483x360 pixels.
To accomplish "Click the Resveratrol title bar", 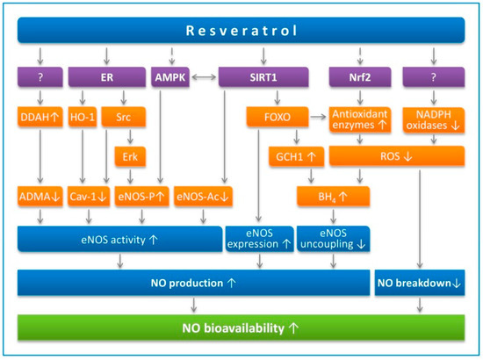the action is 241,30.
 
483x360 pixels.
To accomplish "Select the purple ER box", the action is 106,77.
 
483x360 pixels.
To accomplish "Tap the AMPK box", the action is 170,77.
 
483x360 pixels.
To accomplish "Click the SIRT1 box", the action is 263,77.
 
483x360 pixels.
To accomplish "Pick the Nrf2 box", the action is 360,77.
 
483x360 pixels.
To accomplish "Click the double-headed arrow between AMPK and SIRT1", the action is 204,77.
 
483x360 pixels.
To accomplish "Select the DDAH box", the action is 40,117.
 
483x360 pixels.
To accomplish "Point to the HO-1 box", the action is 83,117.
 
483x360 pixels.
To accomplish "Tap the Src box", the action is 124,117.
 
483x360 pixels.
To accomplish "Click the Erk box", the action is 130,156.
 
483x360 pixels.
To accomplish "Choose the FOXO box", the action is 278,117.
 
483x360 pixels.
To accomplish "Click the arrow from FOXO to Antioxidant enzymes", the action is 318,117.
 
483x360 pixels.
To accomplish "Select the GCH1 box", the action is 296,156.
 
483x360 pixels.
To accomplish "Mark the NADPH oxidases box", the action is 434,119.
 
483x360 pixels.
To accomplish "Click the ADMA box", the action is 40,196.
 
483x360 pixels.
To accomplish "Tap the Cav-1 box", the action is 89,196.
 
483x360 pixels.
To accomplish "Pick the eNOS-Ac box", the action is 203,196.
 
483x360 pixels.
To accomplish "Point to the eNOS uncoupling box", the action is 333,239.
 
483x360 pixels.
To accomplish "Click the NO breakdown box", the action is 420,283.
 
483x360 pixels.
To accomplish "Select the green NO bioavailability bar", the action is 241,328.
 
